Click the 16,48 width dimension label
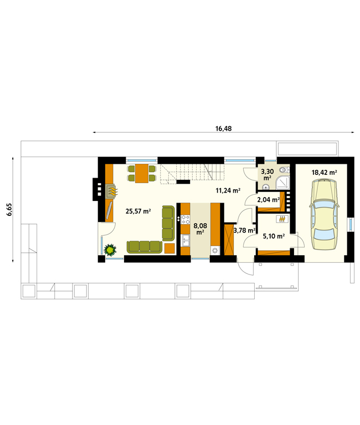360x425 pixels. [224, 128]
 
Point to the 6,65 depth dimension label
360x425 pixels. [9, 210]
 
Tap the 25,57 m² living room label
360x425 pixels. [138, 211]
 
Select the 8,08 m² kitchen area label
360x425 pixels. [200, 229]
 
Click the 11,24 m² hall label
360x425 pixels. [228, 190]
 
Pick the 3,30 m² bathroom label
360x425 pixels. [267, 174]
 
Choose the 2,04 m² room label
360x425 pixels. [268, 200]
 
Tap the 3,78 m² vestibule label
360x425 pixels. [244, 230]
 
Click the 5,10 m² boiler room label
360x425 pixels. [274, 236]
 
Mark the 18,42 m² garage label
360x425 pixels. [324, 173]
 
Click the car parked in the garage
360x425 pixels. [325, 214]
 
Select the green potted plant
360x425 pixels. [110, 250]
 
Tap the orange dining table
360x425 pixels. [142, 173]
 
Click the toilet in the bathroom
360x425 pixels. [284, 170]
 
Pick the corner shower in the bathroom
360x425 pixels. [282, 182]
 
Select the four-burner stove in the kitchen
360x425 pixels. [186, 220]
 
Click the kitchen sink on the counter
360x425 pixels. [186, 240]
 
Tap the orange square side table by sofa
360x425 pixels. [169, 248]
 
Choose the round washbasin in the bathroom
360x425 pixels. [266, 186]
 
